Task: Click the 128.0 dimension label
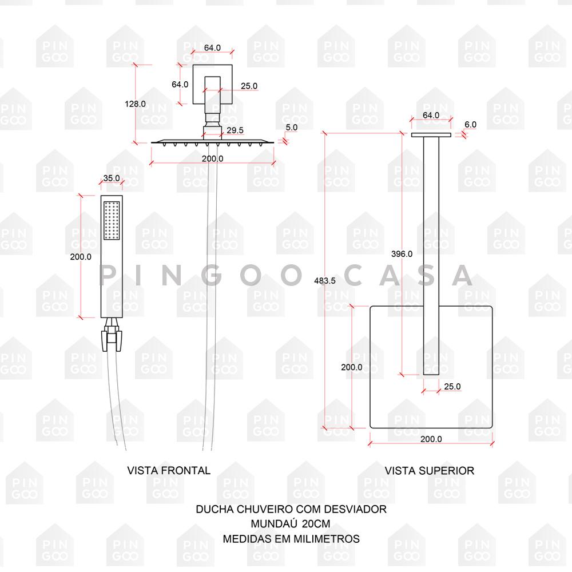click(x=135, y=104)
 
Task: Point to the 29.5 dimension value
click(x=235, y=130)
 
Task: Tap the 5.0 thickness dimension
click(x=292, y=128)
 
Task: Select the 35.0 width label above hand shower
click(x=111, y=178)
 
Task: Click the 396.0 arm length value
click(x=402, y=254)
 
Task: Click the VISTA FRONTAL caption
click(x=169, y=471)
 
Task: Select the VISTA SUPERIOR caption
click(x=429, y=471)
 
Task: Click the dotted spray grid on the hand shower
click(x=112, y=220)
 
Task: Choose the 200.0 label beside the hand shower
click(x=81, y=257)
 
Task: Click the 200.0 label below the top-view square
click(x=431, y=439)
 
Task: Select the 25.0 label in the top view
click(x=452, y=387)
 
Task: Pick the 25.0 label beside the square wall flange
click(x=249, y=86)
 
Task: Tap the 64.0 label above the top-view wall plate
click(x=431, y=115)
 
